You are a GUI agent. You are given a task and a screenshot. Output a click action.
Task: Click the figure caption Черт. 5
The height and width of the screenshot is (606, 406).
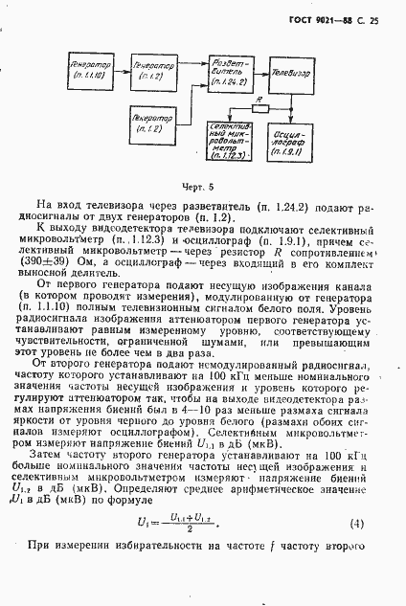coord(201,187)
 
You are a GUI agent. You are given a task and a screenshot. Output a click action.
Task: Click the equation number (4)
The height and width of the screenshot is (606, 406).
coord(357,524)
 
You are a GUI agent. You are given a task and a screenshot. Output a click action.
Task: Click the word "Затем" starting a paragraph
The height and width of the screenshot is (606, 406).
coord(56,459)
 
